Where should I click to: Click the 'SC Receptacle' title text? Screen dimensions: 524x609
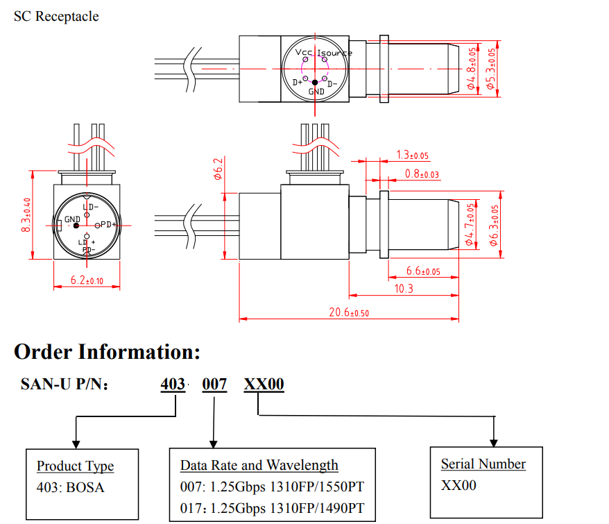point(56,16)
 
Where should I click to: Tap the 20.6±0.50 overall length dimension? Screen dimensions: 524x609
point(349,312)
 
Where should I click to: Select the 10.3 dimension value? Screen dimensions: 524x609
point(404,288)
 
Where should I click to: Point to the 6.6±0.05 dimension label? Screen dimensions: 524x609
point(422,271)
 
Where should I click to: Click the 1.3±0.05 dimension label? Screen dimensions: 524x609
point(412,155)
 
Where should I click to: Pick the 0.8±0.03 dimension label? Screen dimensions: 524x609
point(422,174)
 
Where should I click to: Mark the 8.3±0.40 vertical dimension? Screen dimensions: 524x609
point(27,215)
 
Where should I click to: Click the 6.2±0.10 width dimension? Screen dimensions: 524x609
point(87,280)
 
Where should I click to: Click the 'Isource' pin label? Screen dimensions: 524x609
point(334,53)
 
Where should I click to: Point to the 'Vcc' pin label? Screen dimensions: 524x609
point(304,53)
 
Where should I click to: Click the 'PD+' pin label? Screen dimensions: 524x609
point(108,224)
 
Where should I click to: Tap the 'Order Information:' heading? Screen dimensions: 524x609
point(107,352)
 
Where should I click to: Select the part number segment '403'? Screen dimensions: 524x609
point(173,384)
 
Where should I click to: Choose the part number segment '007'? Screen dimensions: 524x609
point(214,384)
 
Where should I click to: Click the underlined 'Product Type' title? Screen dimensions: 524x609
point(75,466)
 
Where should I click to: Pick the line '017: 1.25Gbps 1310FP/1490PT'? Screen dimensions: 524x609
point(272,508)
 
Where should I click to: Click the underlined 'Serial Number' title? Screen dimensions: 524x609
point(483,464)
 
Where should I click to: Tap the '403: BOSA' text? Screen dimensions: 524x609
point(70,487)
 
